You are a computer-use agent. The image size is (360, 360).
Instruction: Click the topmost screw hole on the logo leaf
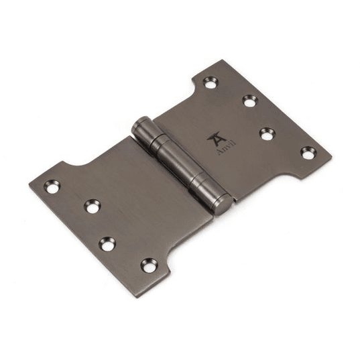(x=211, y=82)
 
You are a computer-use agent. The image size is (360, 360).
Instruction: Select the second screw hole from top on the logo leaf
(x=250, y=101)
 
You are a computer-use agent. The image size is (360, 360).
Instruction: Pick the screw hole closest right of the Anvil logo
(x=268, y=133)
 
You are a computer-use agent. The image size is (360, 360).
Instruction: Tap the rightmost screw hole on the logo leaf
(x=309, y=153)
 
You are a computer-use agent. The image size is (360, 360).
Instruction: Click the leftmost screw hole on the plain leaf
(x=52, y=186)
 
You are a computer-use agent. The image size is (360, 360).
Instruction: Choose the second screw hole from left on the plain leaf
(x=93, y=206)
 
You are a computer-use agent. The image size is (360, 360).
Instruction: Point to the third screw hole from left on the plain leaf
(x=107, y=244)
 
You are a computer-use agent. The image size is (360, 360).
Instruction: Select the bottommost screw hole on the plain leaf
(x=149, y=265)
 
